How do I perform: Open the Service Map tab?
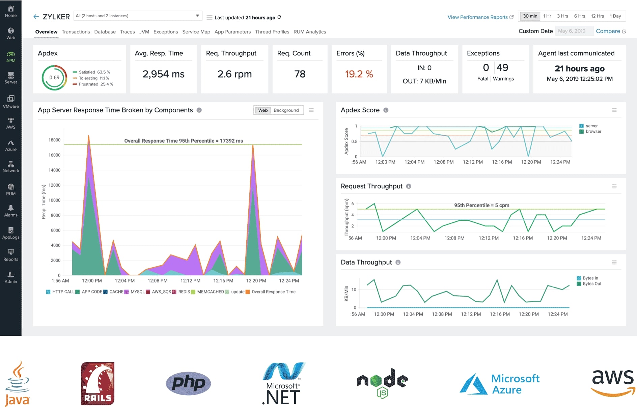pos(196,32)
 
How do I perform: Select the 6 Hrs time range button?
pos(579,16)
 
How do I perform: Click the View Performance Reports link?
pos(477,17)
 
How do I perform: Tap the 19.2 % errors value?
pos(359,74)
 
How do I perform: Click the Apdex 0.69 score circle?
pos(54,78)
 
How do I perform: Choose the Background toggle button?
pos(286,110)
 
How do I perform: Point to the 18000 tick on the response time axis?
pos(54,140)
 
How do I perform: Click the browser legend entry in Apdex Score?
pos(593,132)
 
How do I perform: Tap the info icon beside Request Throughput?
pos(409,186)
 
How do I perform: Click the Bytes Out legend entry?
pos(591,284)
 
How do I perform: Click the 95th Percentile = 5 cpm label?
pos(481,205)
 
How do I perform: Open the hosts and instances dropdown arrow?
pos(197,16)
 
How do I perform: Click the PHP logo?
pos(188,383)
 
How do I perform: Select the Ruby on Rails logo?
pos(98,384)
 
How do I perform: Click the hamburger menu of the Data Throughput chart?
pos(614,263)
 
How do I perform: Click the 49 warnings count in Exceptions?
pos(502,67)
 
